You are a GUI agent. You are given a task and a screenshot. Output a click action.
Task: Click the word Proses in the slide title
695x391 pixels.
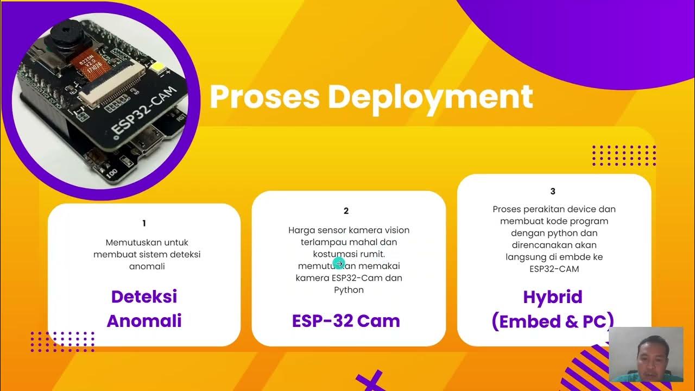click(x=264, y=97)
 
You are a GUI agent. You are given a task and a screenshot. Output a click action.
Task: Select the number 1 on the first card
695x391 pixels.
click(x=144, y=223)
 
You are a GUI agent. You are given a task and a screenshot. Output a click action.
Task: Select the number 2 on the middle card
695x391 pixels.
click(x=346, y=211)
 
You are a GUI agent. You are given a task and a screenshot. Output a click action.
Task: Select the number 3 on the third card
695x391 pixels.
click(x=553, y=191)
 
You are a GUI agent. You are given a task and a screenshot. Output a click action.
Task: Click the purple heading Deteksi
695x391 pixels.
click(x=144, y=297)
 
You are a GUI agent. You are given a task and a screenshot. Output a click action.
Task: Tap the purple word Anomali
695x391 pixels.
click(x=144, y=321)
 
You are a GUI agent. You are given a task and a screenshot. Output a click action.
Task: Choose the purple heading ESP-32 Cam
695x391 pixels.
click(x=346, y=321)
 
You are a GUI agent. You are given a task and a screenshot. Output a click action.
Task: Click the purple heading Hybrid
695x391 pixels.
click(x=553, y=297)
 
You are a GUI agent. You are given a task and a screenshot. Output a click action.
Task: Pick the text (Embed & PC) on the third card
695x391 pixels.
click(x=553, y=321)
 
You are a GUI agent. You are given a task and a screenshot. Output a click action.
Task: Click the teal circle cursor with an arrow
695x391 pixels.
click(x=339, y=263)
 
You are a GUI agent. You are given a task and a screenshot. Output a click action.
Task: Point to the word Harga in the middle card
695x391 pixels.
click(x=300, y=230)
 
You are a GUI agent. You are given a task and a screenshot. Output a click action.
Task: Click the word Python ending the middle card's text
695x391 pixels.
click(x=349, y=290)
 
